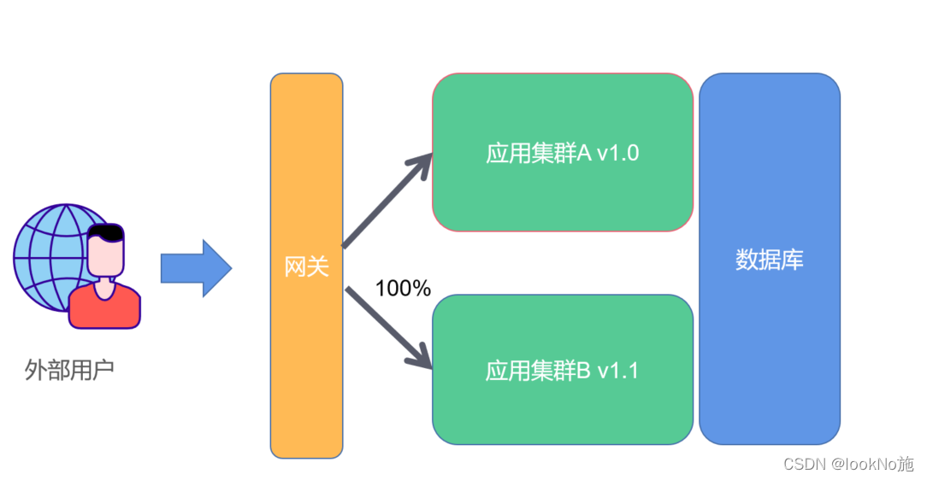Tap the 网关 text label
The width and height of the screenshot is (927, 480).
pyautogui.click(x=306, y=267)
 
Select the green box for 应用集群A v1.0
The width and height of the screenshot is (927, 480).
pyautogui.click(x=562, y=196)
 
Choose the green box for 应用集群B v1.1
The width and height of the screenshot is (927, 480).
pyautogui.click(x=562, y=410)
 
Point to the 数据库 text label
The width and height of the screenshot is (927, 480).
pyautogui.click(x=769, y=260)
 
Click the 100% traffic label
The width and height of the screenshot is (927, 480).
pyautogui.click(x=403, y=289)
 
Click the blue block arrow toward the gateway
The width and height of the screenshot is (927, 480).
pyautogui.click(x=196, y=268)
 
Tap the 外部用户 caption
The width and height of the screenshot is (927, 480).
pyautogui.click(x=69, y=371)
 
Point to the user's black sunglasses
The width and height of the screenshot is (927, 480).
pyautogui.click(x=107, y=232)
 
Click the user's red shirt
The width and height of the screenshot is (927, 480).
pyautogui.click(x=104, y=309)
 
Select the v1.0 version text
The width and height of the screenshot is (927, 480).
pyautogui.click(x=617, y=154)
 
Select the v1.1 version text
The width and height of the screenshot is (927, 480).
pyautogui.click(x=617, y=371)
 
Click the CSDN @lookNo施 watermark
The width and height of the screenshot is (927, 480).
pyautogui.click(x=836, y=464)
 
